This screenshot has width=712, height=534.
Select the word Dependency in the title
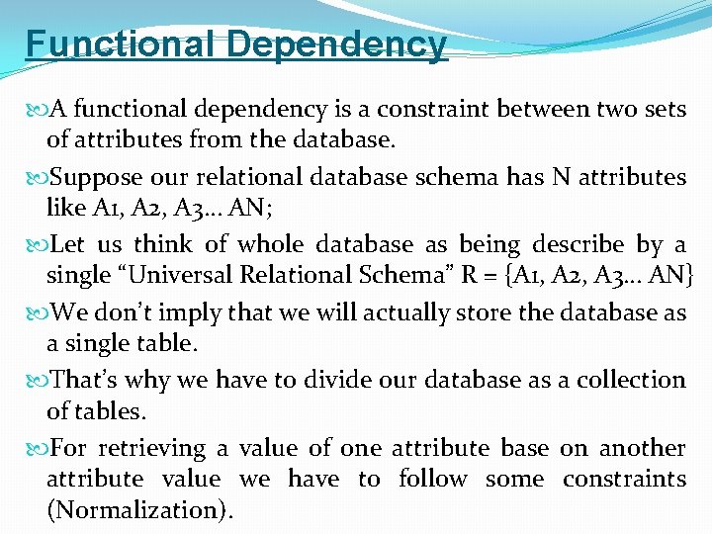[x=337, y=44]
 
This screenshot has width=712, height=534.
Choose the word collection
[x=630, y=381]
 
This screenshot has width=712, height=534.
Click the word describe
[x=578, y=244]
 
